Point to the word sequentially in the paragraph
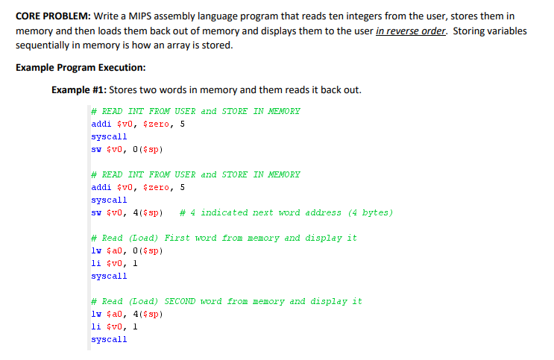(x=45, y=45)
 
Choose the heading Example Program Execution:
(x=81, y=68)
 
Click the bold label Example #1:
(x=79, y=90)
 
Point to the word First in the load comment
(x=177, y=238)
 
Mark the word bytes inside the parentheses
(x=375, y=212)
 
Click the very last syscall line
(x=109, y=339)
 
